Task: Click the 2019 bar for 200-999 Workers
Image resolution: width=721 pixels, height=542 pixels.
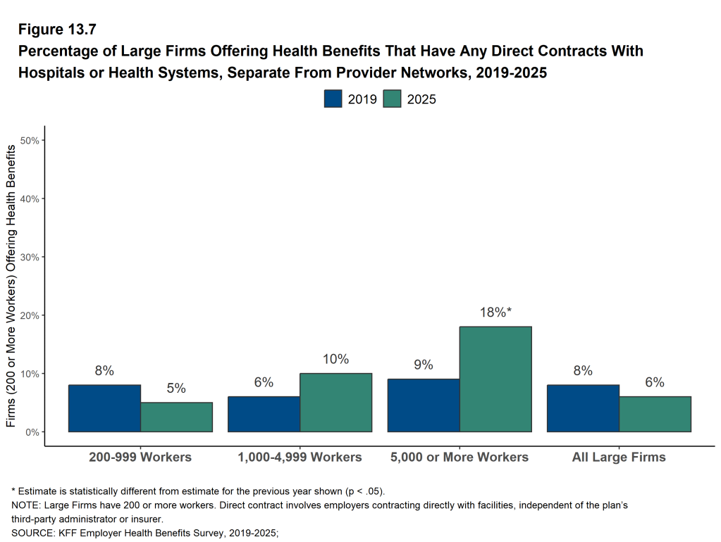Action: point(104,408)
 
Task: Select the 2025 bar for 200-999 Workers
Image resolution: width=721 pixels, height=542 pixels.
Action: point(176,417)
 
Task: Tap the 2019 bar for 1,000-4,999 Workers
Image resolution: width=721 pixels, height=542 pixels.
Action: point(264,414)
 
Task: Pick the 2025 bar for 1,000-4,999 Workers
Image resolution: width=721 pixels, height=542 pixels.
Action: point(335,403)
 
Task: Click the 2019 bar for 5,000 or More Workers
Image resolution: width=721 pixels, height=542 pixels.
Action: point(424,405)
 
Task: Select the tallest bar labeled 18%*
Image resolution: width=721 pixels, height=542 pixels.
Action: point(495,379)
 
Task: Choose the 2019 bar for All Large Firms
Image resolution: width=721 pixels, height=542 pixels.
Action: point(583,408)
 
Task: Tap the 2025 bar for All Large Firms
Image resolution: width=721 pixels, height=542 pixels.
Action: point(655,414)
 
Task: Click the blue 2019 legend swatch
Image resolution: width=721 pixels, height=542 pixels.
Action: point(333,99)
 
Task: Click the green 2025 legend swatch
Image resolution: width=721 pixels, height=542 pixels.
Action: point(393,99)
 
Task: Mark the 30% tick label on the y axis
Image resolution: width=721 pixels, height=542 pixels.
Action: point(30,257)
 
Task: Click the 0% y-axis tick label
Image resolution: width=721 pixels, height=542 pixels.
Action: point(32,432)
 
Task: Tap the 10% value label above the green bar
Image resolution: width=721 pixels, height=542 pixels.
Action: point(335,359)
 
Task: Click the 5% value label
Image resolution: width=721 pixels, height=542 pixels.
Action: point(176,389)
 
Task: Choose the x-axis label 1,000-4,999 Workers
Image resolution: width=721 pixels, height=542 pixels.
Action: point(300,457)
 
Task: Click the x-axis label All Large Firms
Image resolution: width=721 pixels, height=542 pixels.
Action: point(619,457)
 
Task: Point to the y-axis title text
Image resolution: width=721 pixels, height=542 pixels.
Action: point(11,286)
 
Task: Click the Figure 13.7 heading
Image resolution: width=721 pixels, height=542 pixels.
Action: point(57,30)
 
